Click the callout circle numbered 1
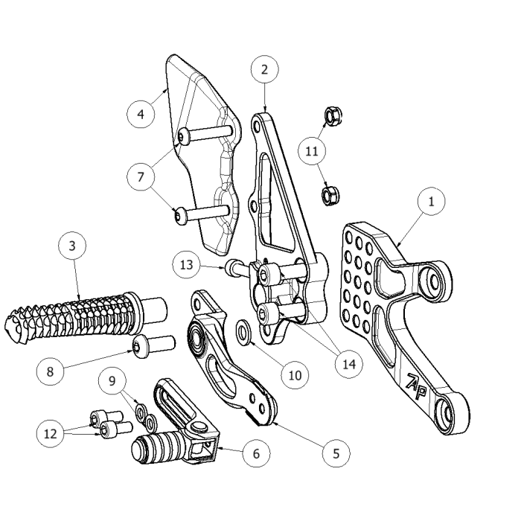coord(431,200)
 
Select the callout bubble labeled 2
coord(264,70)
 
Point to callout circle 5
coord(335,450)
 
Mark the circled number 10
coord(294,375)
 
